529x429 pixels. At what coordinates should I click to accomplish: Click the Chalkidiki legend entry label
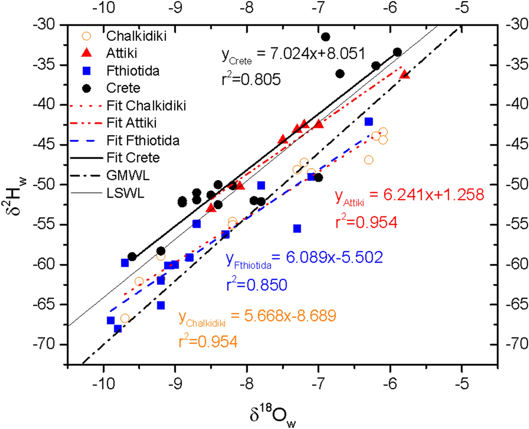(136, 36)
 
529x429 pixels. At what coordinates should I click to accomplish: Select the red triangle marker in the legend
(86, 53)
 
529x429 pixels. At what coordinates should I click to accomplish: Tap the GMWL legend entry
(128, 175)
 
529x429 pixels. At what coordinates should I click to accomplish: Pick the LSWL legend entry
(125, 193)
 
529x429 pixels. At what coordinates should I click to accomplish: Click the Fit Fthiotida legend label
(143, 140)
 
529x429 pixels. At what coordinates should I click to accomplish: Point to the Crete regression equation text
(293, 55)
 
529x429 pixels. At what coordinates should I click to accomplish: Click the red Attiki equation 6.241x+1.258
(410, 195)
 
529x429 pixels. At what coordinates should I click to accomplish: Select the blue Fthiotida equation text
(304, 258)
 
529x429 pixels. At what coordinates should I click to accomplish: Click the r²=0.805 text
(251, 79)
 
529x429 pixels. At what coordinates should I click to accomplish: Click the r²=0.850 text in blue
(257, 284)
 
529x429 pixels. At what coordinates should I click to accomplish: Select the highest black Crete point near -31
(326, 37)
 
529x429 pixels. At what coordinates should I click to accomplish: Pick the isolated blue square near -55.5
(297, 229)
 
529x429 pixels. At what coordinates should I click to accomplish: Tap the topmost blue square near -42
(369, 122)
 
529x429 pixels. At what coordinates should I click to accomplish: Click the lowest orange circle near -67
(125, 318)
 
